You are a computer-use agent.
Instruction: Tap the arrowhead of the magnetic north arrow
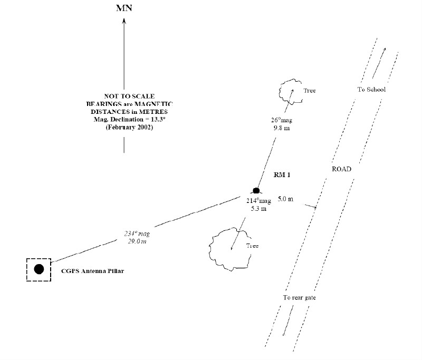124,21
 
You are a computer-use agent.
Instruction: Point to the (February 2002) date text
124,127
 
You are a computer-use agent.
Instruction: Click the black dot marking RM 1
256,190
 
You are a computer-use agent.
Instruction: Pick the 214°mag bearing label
258,201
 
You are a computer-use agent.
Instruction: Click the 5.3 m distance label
258,209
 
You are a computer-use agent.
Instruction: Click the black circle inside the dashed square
39,269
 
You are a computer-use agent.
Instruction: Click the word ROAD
341,170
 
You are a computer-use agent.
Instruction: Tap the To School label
371,90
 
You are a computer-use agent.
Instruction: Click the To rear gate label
299,298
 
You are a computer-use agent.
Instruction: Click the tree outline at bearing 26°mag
289,91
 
